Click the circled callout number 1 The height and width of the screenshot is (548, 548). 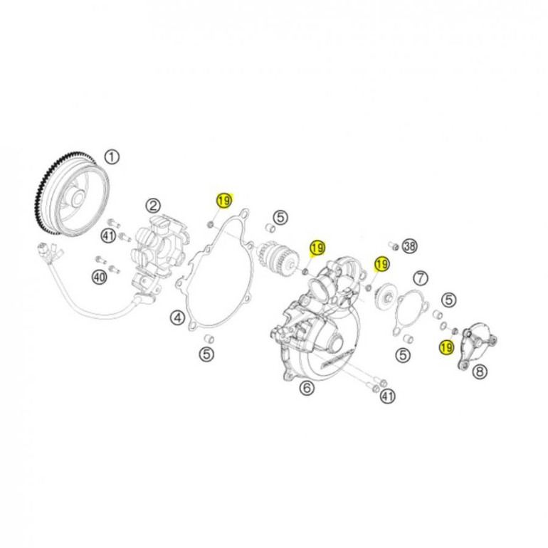[x=112, y=157]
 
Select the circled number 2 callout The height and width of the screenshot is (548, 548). [x=154, y=206]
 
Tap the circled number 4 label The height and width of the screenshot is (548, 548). [x=177, y=317]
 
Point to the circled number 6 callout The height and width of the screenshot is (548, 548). [x=307, y=388]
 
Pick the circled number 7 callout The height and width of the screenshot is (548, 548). [x=421, y=278]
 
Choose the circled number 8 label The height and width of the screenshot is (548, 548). [x=480, y=372]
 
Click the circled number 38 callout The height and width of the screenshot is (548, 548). [x=410, y=246]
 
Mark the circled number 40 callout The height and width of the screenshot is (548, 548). [x=99, y=278]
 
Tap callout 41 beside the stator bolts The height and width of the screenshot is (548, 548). [x=109, y=236]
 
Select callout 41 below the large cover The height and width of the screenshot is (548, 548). [x=388, y=396]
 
